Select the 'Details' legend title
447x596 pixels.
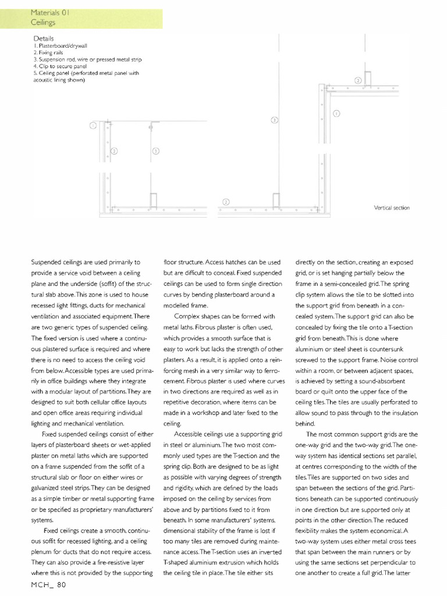pyautogui.click(x=44, y=38)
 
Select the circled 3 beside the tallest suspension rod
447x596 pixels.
pyautogui.click(x=275, y=120)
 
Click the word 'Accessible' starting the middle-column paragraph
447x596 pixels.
pyautogui.click(x=189, y=434)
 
